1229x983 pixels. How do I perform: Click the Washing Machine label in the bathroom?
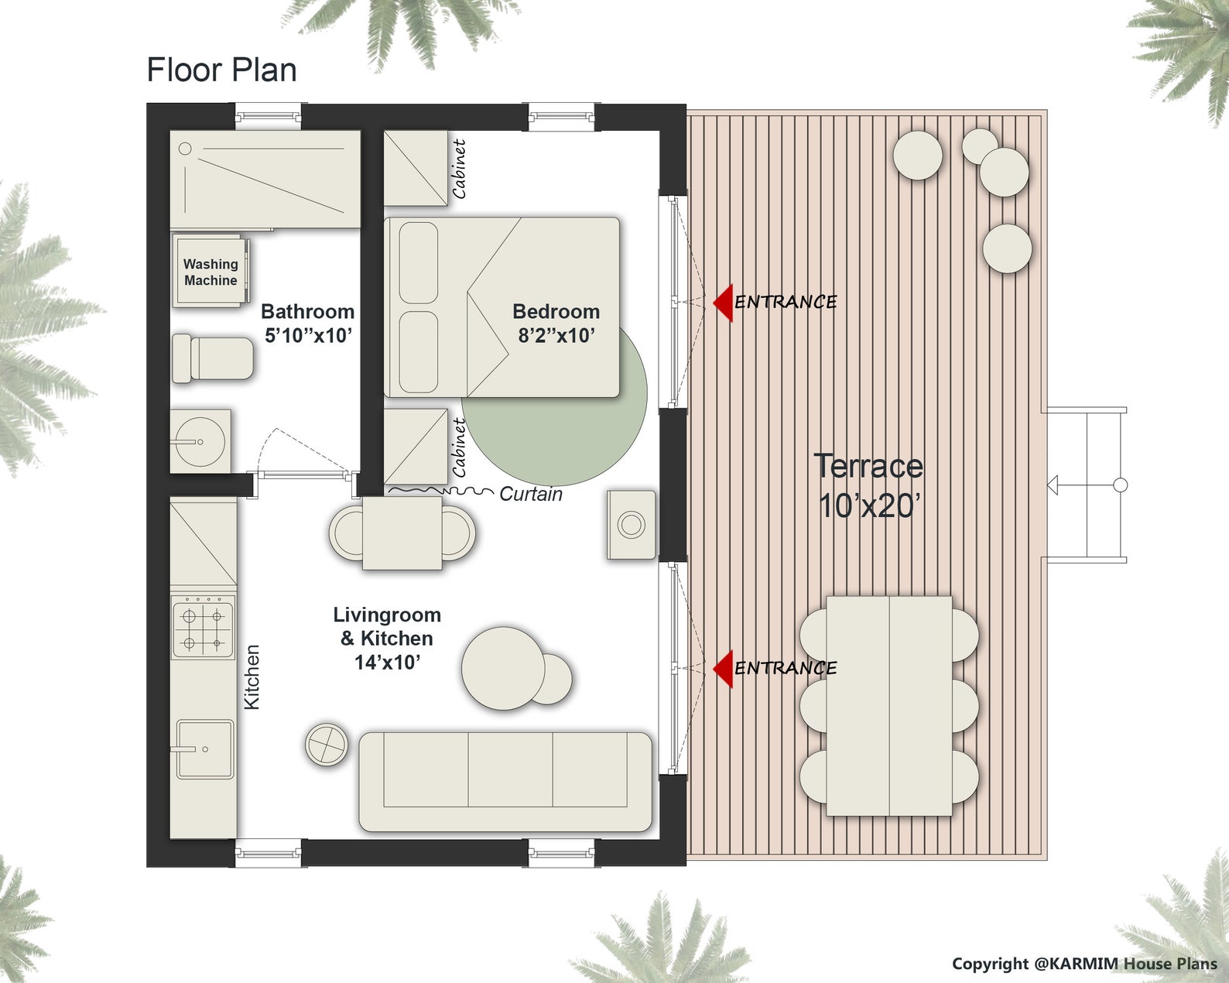[x=211, y=272]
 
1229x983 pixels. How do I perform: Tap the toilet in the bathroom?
[x=213, y=358]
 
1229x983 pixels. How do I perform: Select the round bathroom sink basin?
[x=198, y=442]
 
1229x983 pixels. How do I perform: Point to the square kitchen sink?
[x=204, y=748]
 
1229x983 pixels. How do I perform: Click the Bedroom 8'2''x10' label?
[x=556, y=323]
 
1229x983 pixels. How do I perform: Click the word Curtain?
[x=531, y=494]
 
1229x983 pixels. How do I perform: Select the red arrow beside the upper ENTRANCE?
[x=724, y=302]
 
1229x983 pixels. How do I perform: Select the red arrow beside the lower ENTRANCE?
[x=724, y=668]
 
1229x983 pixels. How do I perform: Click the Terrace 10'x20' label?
[x=868, y=485]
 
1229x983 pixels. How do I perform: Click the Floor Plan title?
[x=221, y=70]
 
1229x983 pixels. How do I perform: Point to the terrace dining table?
[x=888, y=705]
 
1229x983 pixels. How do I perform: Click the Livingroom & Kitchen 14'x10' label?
[x=387, y=638]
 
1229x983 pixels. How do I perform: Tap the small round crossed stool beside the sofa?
[x=327, y=745]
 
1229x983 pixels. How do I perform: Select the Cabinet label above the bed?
[x=459, y=169]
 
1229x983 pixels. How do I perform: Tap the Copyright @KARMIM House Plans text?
[x=1084, y=964]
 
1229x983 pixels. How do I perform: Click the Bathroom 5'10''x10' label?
[x=308, y=323]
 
